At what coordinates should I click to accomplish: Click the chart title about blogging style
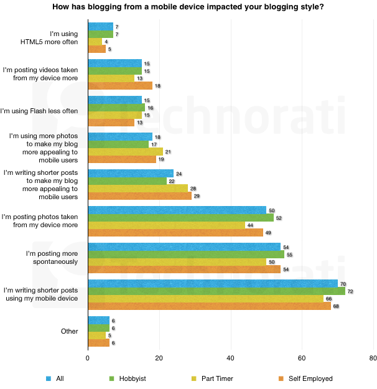pyautogui.click(x=188, y=7)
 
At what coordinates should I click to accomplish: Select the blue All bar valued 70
pyautogui.click(x=212, y=283)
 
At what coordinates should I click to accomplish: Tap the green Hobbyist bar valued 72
pyautogui.click(x=216, y=291)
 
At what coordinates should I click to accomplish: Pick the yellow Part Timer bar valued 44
pyautogui.click(x=166, y=225)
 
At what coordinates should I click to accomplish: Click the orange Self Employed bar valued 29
pyautogui.click(x=139, y=195)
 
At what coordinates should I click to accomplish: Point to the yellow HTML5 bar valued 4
pyautogui.click(x=95, y=41)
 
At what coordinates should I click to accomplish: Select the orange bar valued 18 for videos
pyautogui.click(x=119, y=85)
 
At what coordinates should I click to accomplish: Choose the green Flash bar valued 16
pyautogui.click(x=116, y=107)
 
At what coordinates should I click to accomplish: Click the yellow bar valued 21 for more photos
pyautogui.click(x=125, y=151)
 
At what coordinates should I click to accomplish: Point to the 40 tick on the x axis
pyautogui.click(x=230, y=359)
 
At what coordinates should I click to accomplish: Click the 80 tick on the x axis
pyautogui.click(x=373, y=359)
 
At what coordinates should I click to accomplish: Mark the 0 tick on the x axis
pyautogui.click(x=88, y=359)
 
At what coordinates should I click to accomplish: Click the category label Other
pyautogui.click(x=69, y=331)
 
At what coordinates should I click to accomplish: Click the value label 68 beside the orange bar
pyautogui.click(x=336, y=306)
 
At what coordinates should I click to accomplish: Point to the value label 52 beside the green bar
pyautogui.click(x=279, y=218)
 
